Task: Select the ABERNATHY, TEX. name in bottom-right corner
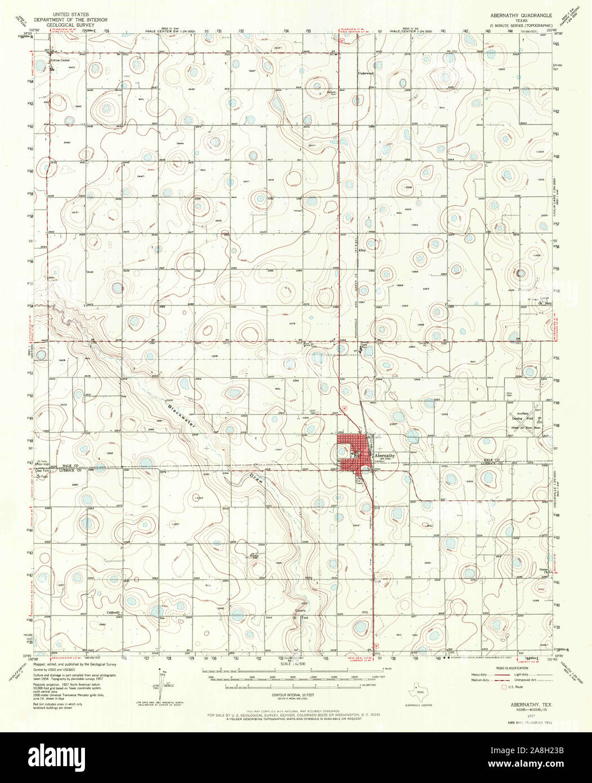pos(525,705)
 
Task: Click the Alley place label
pos(364,252)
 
